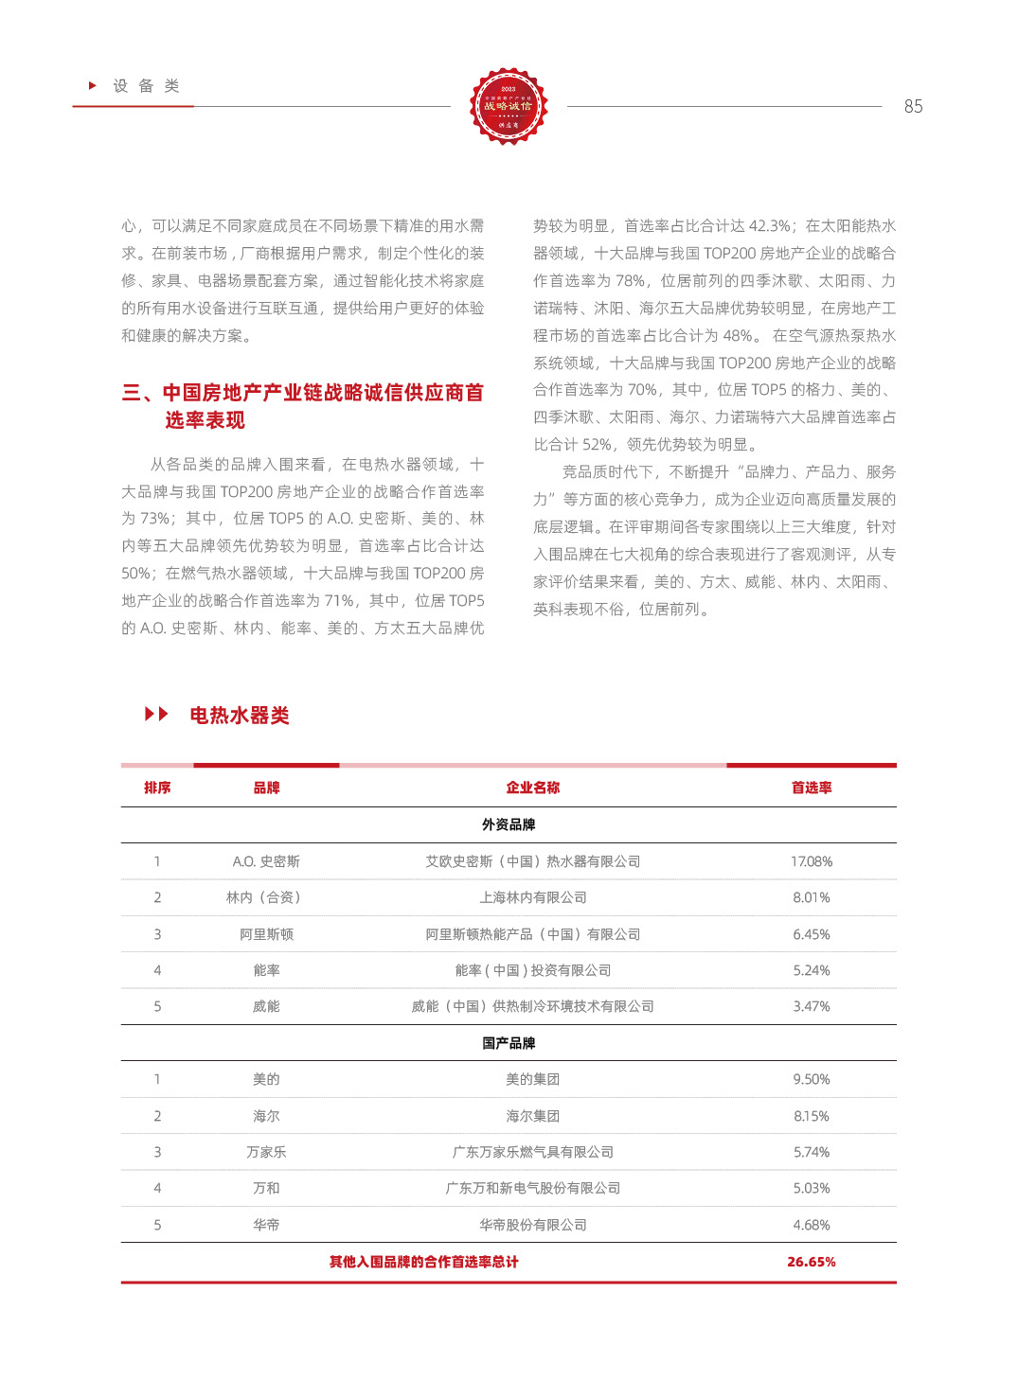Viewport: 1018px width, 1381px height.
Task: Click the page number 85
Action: pos(913,107)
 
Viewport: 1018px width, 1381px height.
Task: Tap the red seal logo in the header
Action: pos(509,106)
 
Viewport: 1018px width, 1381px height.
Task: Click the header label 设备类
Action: pos(146,86)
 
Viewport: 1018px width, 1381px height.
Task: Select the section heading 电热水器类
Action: pos(240,716)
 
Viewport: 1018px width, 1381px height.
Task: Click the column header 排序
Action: pos(157,788)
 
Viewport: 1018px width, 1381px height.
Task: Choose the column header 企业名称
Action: pos(532,788)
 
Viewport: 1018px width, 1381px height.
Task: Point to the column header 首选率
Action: pos(812,788)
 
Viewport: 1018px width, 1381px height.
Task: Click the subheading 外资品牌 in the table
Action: pos(509,824)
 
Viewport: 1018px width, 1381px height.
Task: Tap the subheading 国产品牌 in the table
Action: pos(509,1043)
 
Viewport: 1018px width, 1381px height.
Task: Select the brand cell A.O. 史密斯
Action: pos(266,861)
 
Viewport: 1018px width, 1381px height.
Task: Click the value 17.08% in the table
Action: pos(812,861)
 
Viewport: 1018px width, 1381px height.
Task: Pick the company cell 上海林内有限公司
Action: pos(532,897)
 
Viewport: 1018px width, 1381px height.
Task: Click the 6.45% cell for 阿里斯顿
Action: pos(812,934)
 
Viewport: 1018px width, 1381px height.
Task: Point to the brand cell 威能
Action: pos(266,1006)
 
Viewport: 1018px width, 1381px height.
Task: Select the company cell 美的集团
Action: pos(532,1079)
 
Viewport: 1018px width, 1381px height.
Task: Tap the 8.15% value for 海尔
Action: pos(812,1116)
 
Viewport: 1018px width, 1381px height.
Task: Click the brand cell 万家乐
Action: pos(266,1152)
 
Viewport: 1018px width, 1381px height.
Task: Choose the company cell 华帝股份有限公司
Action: pos(532,1225)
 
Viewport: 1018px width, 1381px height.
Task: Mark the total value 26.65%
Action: pos(812,1262)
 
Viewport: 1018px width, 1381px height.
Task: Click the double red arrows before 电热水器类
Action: pos(156,714)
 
